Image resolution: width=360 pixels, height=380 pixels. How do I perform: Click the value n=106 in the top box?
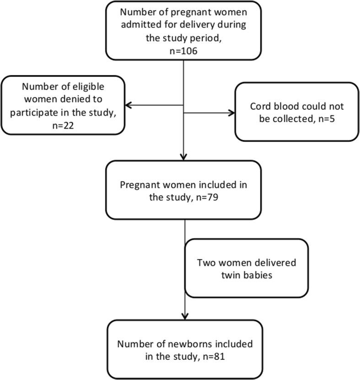[183, 52]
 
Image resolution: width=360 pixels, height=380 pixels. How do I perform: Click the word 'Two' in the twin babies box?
[205, 263]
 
